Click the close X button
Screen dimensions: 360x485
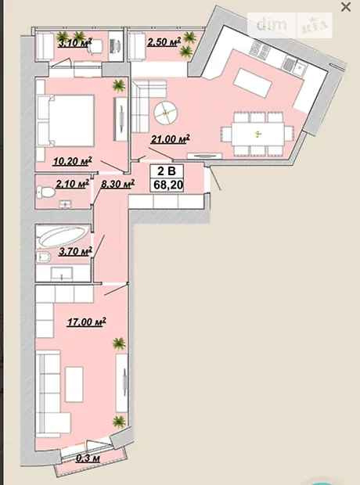pyautogui.click(x=346, y=7)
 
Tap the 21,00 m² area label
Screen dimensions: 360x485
pyautogui.click(x=171, y=139)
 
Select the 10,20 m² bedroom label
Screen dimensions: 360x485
pyautogui.click(x=73, y=161)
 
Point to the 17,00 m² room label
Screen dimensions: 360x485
pyautogui.click(x=87, y=322)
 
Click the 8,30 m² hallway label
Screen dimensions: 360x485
pyautogui.click(x=117, y=184)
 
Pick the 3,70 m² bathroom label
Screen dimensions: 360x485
pyautogui.click(x=76, y=251)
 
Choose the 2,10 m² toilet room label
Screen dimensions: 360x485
pyautogui.click(x=73, y=184)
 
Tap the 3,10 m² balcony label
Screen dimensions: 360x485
pyautogui.click(x=75, y=42)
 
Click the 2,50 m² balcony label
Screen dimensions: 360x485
pyautogui.click(x=164, y=41)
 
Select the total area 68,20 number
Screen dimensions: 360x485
pyautogui.click(x=168, y=185)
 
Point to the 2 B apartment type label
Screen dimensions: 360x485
pyautogui.click(x=167, y=171)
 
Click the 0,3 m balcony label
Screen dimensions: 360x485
pyautogui.click(x=88, y=458)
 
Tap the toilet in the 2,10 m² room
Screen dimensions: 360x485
pyautogui.click(x=45, y=192)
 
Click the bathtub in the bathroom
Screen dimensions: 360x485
pyautogui.click(x=63, y=236)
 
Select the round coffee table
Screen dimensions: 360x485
pyautogui.click(x=166, y=113)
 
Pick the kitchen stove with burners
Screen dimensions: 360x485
pyautogui.click(x=259, y=50)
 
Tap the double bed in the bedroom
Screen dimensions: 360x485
pyautogui.click(x=65, y=120)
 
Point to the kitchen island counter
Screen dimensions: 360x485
pyautogui.click(x=253, y=83)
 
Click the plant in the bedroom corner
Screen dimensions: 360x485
pyautogui.click(x=119, y=86)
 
